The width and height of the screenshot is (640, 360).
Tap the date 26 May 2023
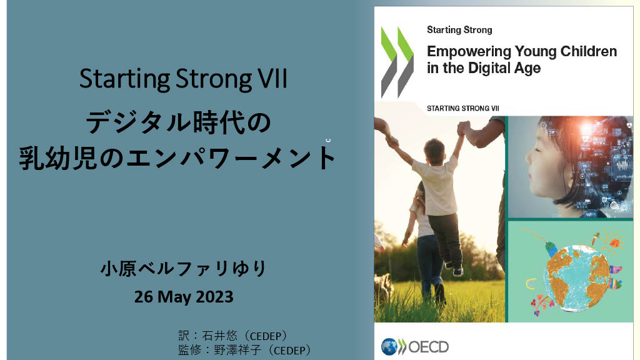click(x=184, y=297)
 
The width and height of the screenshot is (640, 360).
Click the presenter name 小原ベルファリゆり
click(x=184, y=269)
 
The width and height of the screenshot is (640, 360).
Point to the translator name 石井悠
click(x=219, y=336)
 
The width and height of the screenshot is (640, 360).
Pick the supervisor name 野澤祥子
click(x=237, y=350)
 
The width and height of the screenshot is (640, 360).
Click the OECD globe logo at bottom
click(x=389, y=347)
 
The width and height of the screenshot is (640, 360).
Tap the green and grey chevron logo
click(x=397, y=62)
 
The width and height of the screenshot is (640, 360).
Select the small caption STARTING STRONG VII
click(x=463, y=109)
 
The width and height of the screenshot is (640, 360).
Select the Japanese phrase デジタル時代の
click(x=178, y=122)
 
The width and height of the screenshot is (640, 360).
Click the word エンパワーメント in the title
click(x=231, y=158)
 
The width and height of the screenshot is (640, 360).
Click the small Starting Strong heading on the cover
click(x=459, y=30)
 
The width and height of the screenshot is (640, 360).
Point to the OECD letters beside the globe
click(x=428, y=347)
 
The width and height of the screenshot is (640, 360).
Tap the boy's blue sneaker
click(x=458, y=271)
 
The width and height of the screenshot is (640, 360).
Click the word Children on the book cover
click(x=589, y=52)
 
